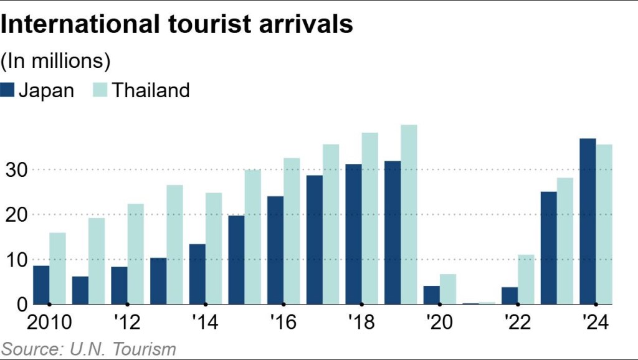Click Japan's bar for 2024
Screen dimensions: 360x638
click(x=588, y=221)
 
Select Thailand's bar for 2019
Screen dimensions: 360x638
click(x=409, y=214)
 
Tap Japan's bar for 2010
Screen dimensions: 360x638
click(x=41, y=285)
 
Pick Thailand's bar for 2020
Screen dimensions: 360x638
click(x=448, y=289)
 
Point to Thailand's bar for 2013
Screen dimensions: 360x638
click(x=174, y=244)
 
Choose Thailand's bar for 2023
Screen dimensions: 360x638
click(x=565, y=241)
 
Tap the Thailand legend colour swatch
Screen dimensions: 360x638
click(x=101, y=90)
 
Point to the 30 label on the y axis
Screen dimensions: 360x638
click(x=14, y=169)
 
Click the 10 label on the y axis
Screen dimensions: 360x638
click(x=14, y=259)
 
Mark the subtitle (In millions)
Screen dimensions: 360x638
click(x=56, y=61)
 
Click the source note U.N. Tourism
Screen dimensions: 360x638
click(x=88, y=349)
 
